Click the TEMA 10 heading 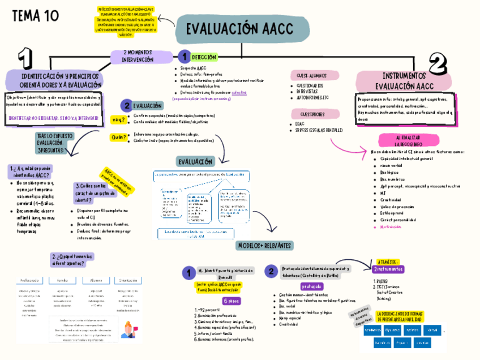[x=35, y=16]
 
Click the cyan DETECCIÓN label [x=204, y=57]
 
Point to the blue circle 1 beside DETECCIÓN [x=183, y=57]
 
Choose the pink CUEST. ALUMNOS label [x=310, y=75]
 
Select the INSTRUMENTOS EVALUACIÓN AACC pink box [x=405, y=81]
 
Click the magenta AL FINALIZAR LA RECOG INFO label [x=408, y=141]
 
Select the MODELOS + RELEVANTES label [x=264, y=246]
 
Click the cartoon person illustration [x=127, y=329]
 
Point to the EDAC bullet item [x=300, y=123]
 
